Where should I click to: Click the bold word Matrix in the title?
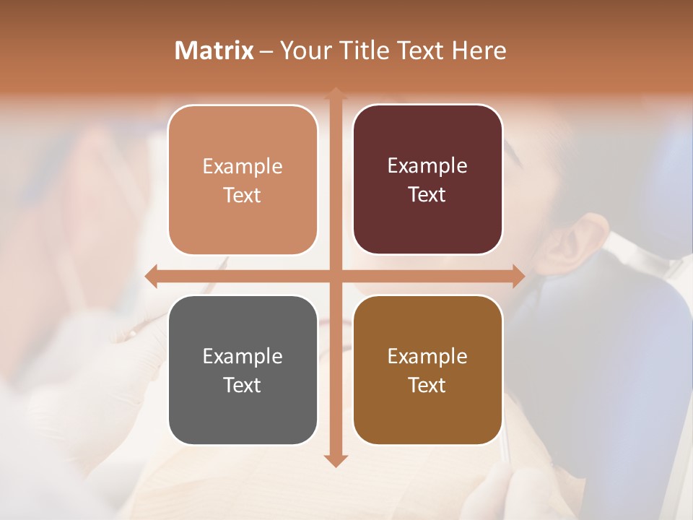point(214,51)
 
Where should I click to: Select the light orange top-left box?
point(243,180)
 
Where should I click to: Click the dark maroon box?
point(427,180)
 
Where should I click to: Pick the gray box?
point(243,370)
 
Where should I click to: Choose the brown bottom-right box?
point(427,370)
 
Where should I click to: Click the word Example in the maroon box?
point(427,166)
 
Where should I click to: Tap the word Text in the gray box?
point(243,385)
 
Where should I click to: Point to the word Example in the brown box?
point(427,356)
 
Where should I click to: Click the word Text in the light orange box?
point(243,195)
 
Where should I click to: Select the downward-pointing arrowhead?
point(335,460)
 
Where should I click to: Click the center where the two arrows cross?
point(335,276)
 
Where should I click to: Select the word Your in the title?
point(306,51)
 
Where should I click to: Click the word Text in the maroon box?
point(427,195)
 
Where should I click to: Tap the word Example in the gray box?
point(243,356)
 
